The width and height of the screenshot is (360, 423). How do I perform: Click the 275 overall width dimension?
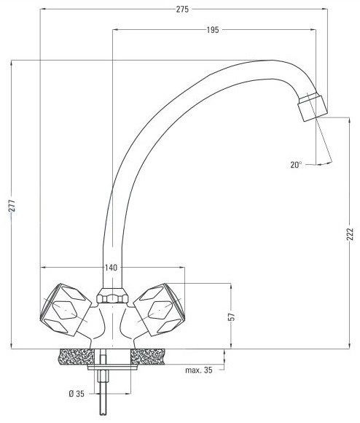[182, 9]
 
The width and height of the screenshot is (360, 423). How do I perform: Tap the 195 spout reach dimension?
[213, 30]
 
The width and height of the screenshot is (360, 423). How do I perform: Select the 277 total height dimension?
[12, 206]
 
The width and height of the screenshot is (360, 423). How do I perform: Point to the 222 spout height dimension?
[350, 234]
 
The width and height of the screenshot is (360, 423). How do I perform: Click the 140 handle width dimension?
[111, 268]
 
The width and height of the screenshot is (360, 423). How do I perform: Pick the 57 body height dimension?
[232, 317]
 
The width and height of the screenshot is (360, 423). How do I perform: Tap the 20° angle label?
[296, 165]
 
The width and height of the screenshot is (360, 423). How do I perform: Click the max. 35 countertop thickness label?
[199, 370]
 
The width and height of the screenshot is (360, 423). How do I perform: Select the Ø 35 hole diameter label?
[77, 394]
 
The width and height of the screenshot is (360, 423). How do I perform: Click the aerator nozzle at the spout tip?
[313, 106]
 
